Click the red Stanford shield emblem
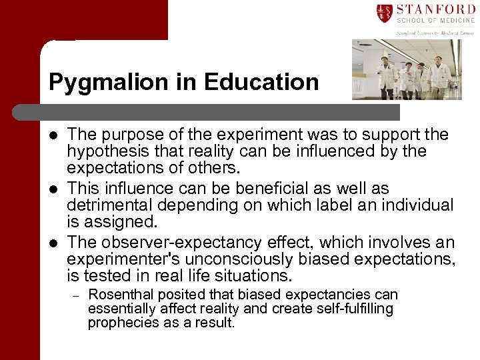point(385,13)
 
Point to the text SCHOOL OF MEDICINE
point(435,21)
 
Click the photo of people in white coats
point(407,69)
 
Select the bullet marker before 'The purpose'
point(53,136)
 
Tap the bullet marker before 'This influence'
point(53,189)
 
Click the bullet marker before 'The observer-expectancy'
point(53,243)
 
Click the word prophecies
point(120,323)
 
